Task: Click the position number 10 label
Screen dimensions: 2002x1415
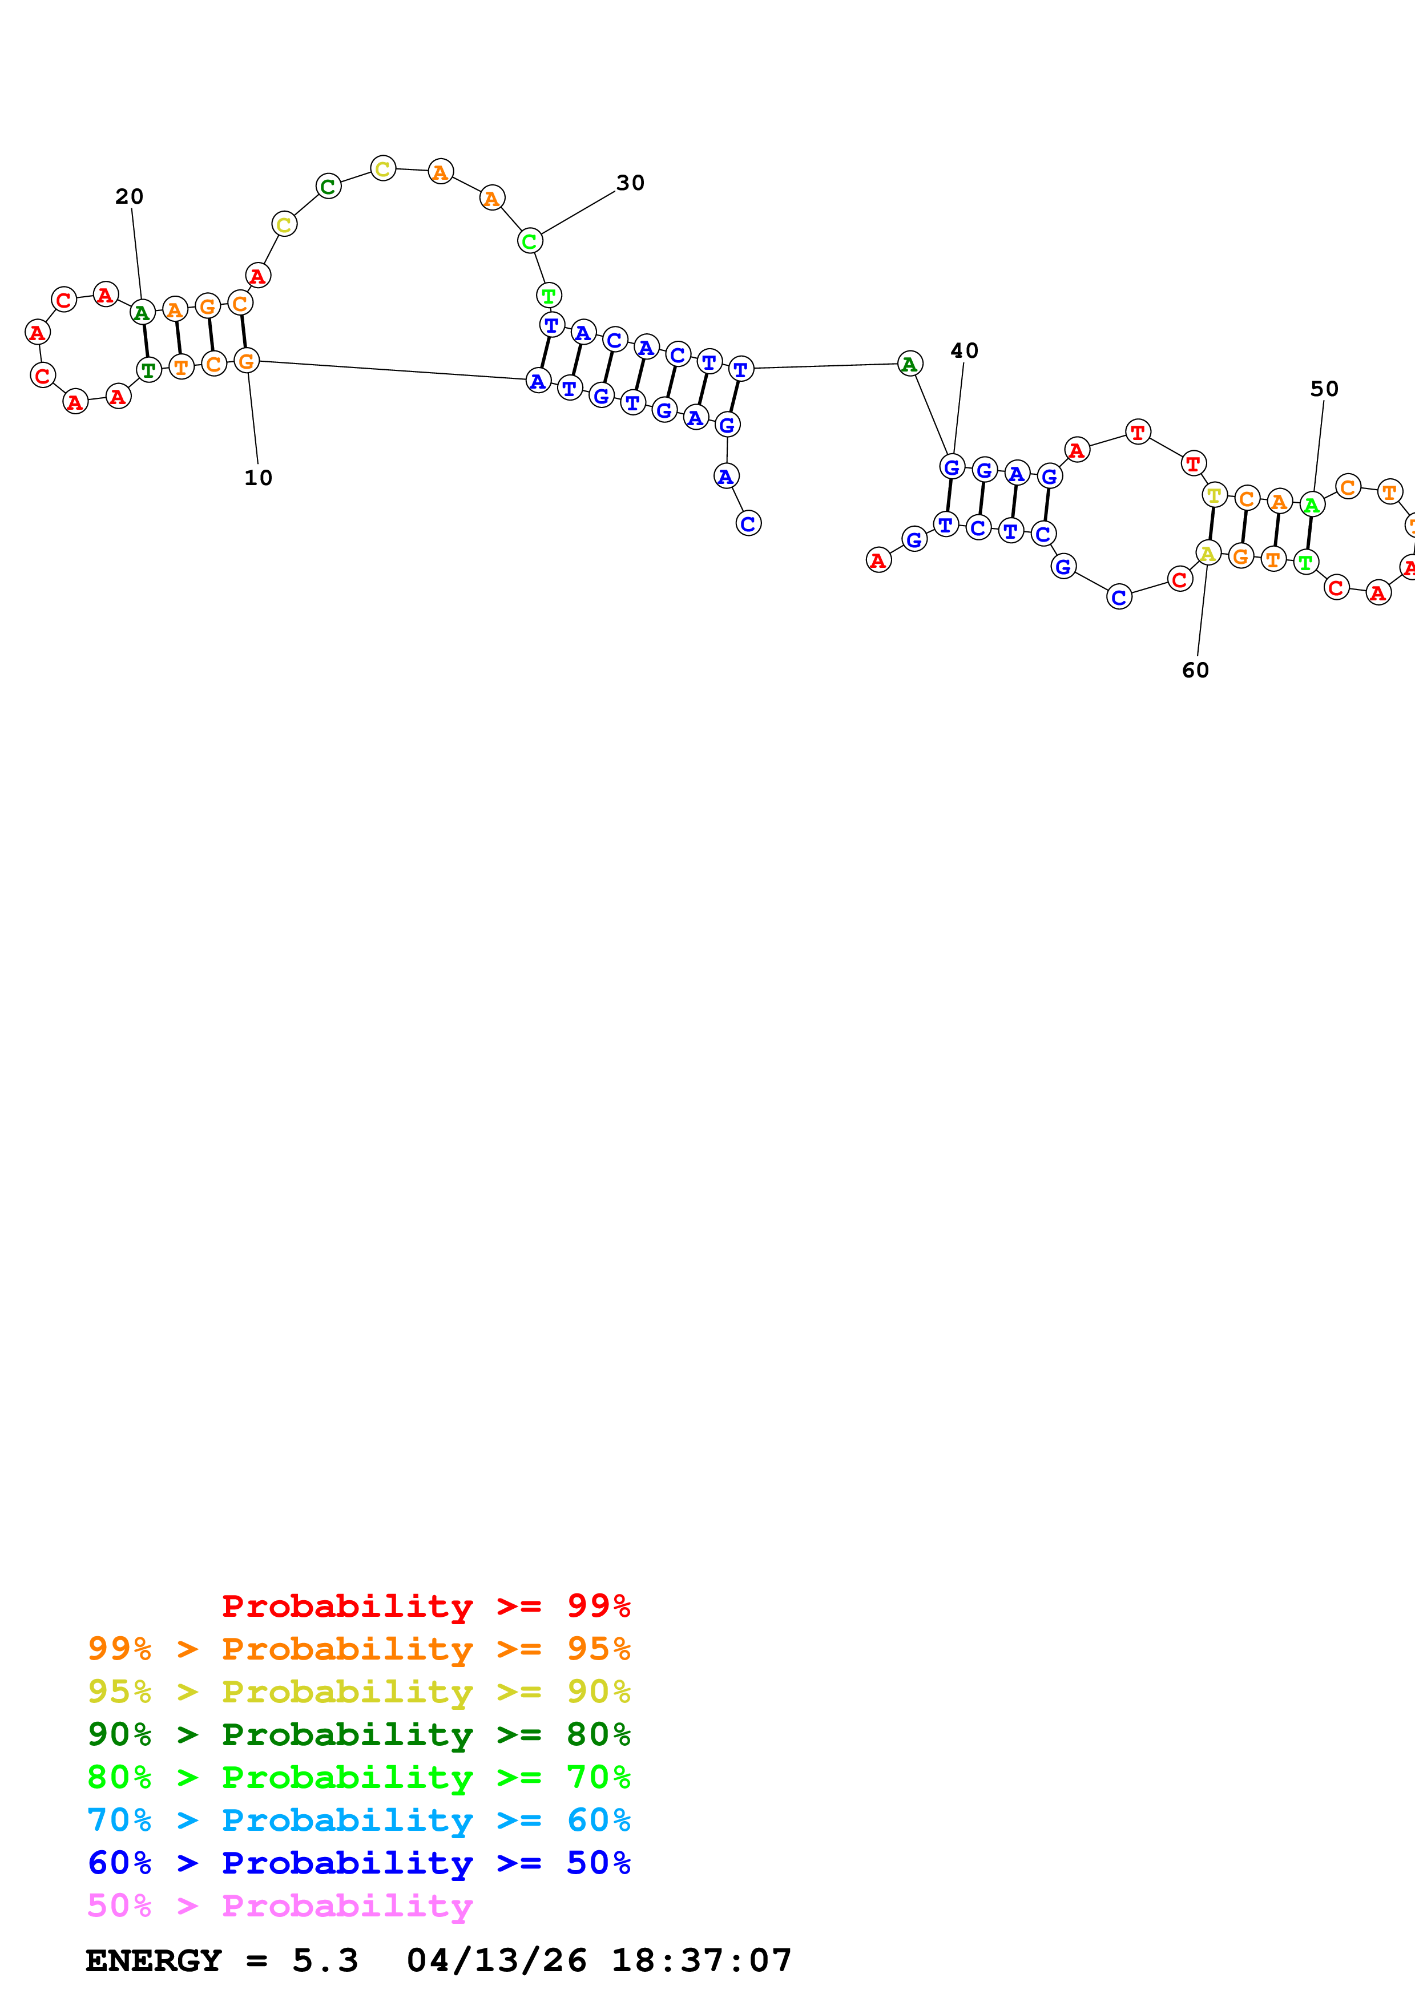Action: tap(258, 478)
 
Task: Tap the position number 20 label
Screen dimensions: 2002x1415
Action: tap(129, 196)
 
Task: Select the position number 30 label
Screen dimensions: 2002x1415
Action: tap(630, 183)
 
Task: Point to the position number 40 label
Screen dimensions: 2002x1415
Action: tap(964, 350)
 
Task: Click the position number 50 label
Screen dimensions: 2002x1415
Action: tap(1324, 389)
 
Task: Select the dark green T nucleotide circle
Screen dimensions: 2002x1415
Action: tap(149, 370)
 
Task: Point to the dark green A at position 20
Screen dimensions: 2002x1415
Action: tap(142, 312)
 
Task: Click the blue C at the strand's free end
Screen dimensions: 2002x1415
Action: tap(748, 523)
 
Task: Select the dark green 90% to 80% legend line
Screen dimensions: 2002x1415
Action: tap(358, 1734)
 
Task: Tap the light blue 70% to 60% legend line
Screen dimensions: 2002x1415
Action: tap(358, 1820)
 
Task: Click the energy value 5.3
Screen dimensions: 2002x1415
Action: tap(324, 1961)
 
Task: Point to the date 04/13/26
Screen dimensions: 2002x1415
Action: tap(496, 1961)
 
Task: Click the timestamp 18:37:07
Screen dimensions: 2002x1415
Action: tap(701, 1961)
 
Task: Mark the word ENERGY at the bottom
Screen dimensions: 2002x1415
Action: tap(154, 1961)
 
